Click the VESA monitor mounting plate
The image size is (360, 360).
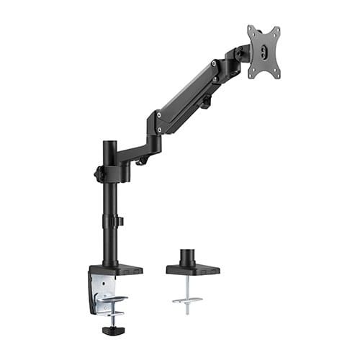coord(264,52)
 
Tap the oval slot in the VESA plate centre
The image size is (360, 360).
coord(264,52)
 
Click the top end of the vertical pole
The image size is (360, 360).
coord(109,145)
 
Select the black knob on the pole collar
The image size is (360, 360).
coord(98,174)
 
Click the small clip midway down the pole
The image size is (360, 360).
coord(120,221)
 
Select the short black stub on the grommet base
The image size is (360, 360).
coord(186,256)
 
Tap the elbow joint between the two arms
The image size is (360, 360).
coord(154,130)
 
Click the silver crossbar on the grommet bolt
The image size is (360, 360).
coord(186,300)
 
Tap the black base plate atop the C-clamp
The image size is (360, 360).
coord(115,270)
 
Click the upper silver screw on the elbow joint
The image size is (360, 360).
coord(158,114)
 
